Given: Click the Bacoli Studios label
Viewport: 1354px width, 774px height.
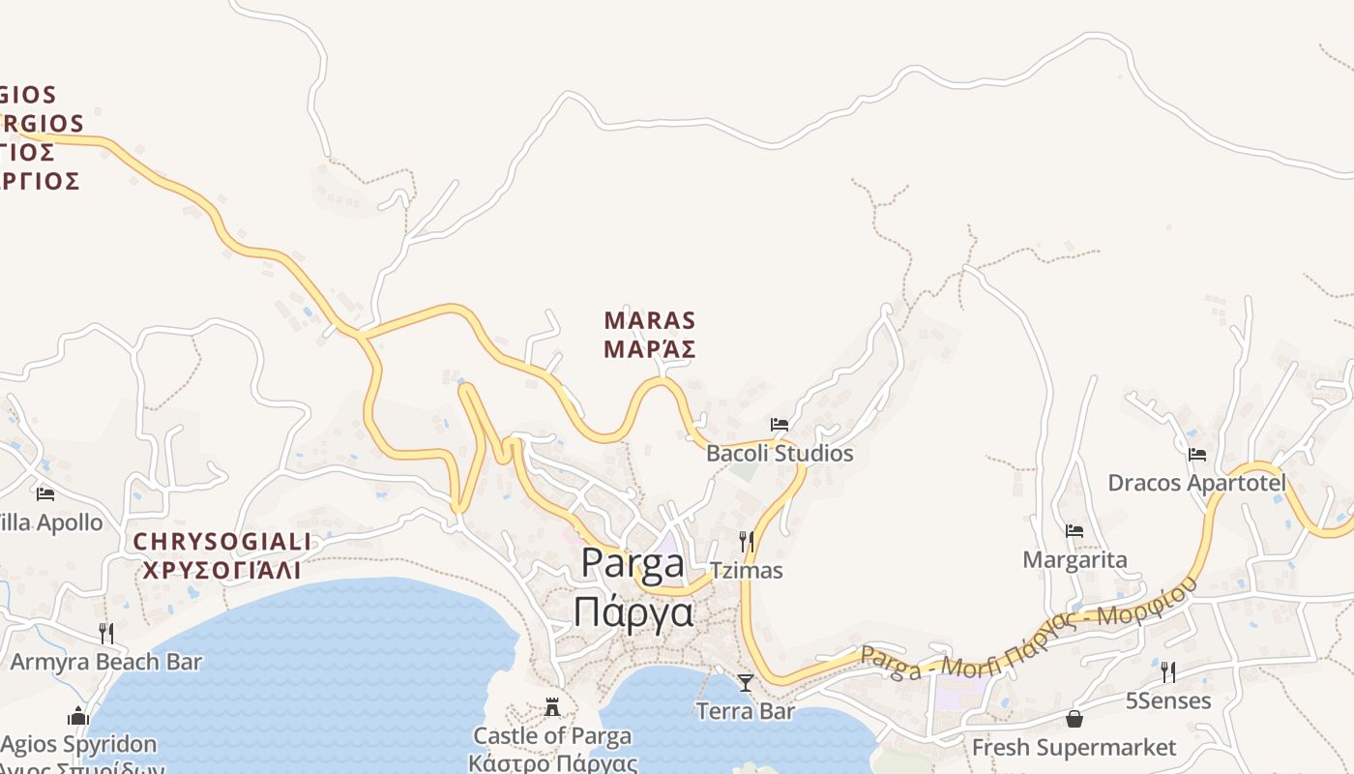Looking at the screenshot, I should [780, 453].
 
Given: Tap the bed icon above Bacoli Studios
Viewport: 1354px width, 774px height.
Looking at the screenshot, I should [780, 425].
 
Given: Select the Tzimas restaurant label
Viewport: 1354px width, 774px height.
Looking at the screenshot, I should [746, 570].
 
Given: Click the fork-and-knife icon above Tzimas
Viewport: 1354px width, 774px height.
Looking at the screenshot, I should [746, 541].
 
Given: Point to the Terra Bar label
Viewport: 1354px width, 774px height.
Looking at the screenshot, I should [746, 711].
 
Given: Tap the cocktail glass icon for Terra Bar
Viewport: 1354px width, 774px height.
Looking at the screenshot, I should [745, 683].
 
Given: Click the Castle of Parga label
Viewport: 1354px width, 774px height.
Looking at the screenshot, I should [552, 736].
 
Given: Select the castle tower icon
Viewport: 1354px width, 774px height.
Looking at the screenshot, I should [552, 707].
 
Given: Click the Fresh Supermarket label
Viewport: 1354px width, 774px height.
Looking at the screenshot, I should [1074, 748].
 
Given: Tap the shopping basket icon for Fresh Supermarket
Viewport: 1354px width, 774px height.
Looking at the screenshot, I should [1074, 719].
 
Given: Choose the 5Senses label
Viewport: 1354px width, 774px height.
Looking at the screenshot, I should [1168, 700].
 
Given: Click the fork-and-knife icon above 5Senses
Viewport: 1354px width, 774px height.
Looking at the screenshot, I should [1168, 671].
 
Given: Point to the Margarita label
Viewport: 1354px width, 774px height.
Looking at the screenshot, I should [1074, 559].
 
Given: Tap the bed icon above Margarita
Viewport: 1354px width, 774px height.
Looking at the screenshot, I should [1074, 531].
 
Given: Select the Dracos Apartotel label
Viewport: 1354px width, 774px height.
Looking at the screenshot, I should [1197, 483].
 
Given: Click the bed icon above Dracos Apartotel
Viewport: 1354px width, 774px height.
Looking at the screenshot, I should [1197, 454].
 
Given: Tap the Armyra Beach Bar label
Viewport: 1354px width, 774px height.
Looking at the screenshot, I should [106, 662].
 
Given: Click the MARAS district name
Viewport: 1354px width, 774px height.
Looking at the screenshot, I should [650, 334].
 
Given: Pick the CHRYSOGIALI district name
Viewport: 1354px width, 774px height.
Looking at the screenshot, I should [222, 555].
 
